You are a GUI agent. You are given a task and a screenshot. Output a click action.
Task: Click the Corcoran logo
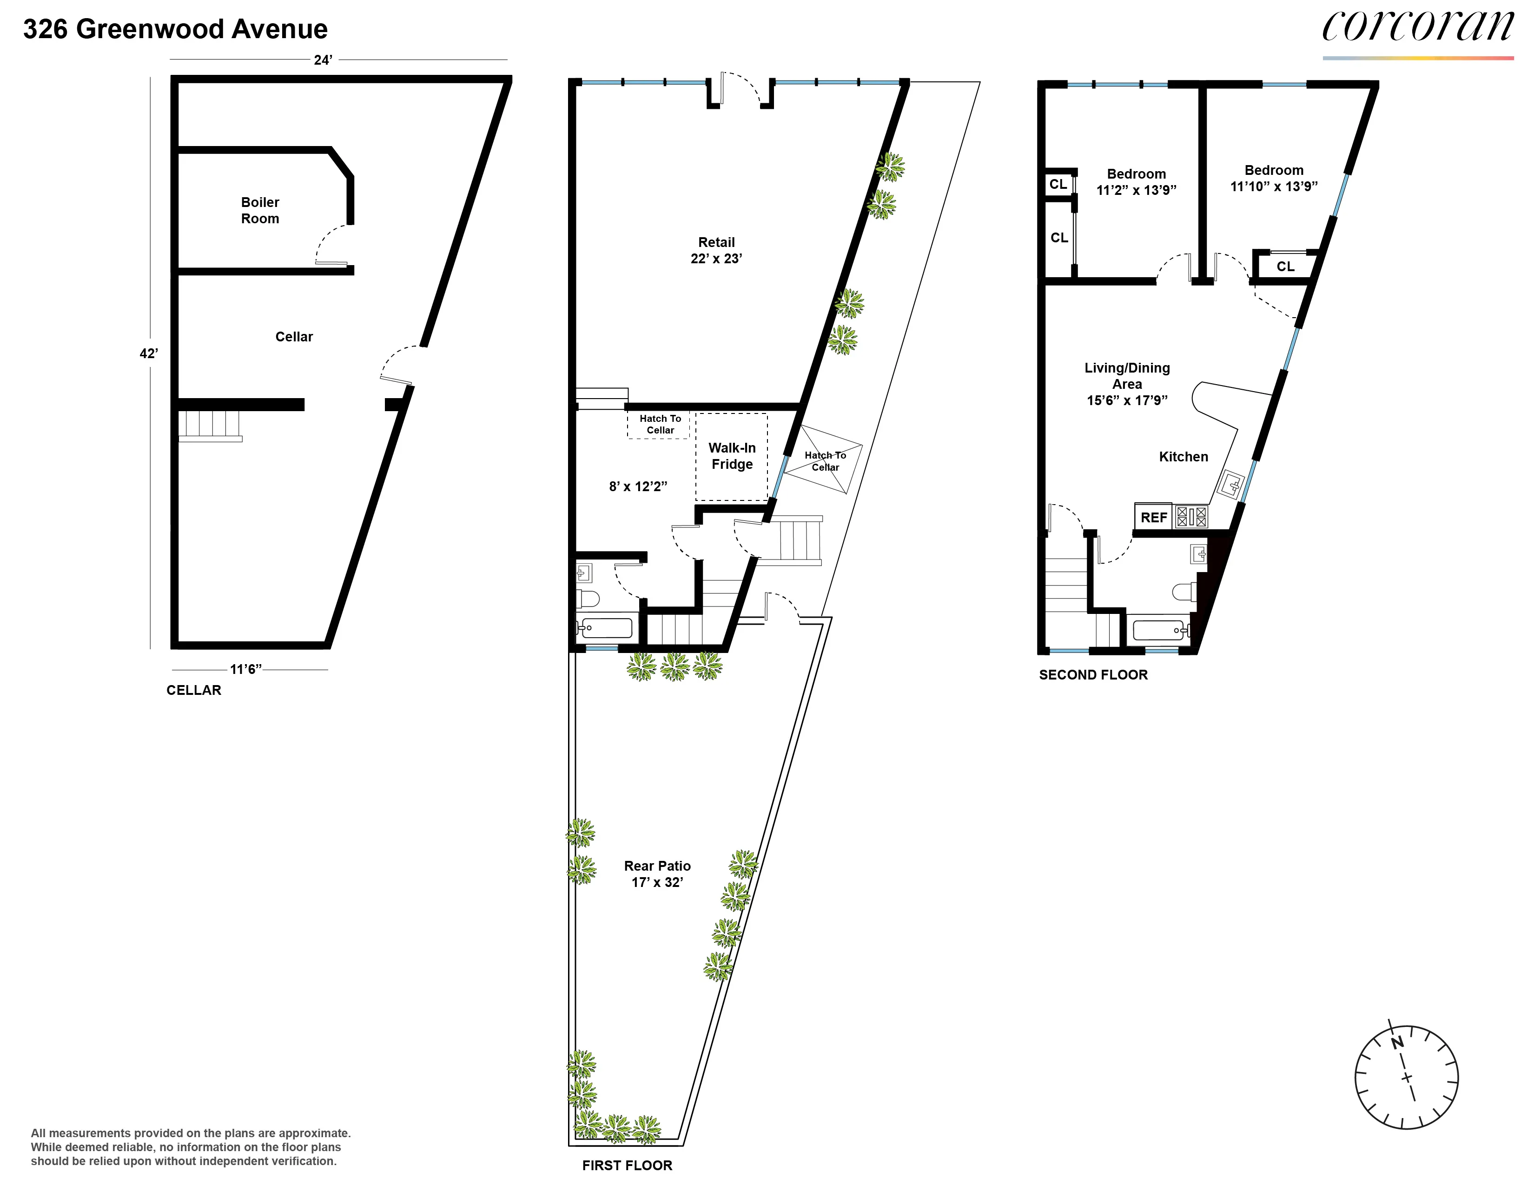coord(1417,28)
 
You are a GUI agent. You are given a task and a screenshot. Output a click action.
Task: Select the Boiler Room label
coord(260,210)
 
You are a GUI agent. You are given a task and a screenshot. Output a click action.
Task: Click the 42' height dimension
coord(148,353)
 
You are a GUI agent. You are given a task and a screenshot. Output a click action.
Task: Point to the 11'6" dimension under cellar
coord(245,669)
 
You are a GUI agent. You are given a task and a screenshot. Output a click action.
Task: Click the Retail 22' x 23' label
coord(716,250)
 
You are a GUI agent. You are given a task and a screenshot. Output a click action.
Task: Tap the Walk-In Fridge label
coord(731,456)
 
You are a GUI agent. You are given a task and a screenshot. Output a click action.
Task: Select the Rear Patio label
coord(657,873)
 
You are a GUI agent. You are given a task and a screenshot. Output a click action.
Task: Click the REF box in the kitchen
coord(1153,517)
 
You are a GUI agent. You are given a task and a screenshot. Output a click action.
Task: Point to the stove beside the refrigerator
coord(1191,517)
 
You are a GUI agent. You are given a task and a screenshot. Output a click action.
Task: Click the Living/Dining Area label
coord(1127,384)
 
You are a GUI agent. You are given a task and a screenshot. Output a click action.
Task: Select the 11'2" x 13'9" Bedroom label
coord(1136,182)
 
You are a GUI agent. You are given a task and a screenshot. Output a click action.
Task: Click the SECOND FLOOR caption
coord(1093,674)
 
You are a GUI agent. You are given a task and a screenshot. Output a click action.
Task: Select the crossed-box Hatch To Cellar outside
coord(823,460)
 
